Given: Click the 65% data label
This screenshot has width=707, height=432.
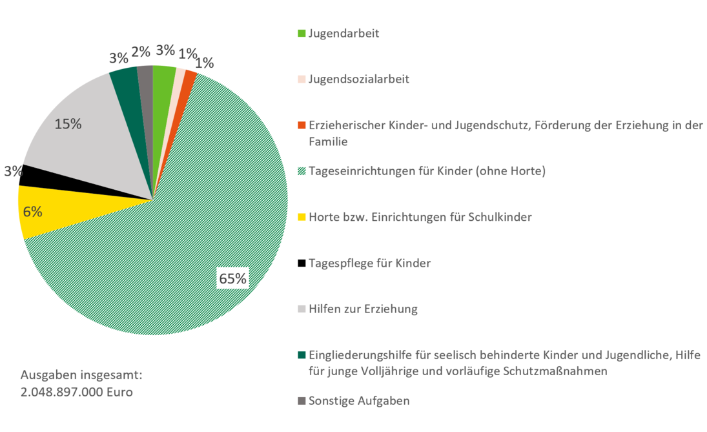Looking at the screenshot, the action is click(232, 279).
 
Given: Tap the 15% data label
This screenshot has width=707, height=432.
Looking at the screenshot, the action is click(68, 124).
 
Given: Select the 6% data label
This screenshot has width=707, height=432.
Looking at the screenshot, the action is click(32, 212).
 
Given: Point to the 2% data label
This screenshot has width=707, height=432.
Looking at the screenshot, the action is click(141, 52).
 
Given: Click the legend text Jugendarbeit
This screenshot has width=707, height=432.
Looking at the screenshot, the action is click(343, 34).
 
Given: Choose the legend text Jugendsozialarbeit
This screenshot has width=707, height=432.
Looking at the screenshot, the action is click(359, 79).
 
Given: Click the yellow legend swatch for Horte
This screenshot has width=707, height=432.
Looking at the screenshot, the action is click(302, 218).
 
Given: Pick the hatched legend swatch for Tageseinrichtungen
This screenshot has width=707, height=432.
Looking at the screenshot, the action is click(302, 171).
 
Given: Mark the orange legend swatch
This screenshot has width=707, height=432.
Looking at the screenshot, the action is click(302, 125).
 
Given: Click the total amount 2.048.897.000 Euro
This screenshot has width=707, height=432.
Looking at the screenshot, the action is click(77, 392).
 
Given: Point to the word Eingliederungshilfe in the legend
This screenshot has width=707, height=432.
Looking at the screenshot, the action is click(360, 355).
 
